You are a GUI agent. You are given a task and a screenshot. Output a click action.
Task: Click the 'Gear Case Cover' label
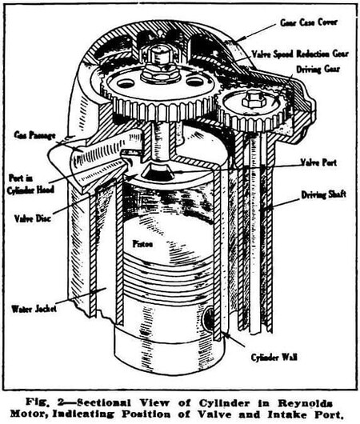309,22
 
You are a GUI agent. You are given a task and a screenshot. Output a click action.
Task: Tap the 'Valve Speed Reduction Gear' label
300,54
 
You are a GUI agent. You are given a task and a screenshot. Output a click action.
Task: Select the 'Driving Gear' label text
318,70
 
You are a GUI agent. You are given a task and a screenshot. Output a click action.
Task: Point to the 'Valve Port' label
318,162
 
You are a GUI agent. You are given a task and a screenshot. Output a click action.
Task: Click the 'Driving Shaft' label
324,194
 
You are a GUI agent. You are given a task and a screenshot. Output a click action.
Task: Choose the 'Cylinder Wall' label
274,358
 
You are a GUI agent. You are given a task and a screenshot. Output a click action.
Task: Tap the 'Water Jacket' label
34,309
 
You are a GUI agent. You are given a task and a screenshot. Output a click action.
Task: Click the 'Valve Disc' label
33,218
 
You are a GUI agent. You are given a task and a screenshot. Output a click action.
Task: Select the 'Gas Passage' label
35,134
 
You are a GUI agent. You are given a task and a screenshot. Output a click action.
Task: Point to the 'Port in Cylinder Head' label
30,184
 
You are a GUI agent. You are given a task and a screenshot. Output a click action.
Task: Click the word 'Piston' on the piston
143,244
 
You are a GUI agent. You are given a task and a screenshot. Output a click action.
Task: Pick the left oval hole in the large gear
126,83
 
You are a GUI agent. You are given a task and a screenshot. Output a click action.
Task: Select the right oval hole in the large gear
194,82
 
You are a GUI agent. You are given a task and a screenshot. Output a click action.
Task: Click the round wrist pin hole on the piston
210,318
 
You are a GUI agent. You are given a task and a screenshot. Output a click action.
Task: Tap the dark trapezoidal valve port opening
157,172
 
